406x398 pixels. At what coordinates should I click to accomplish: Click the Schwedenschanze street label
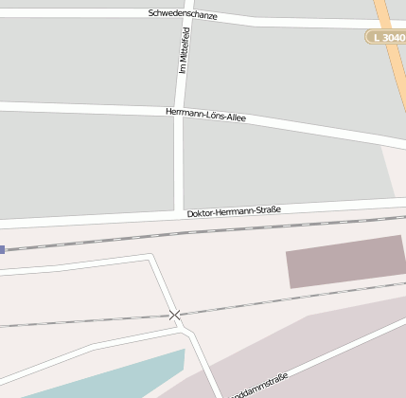pyautogui.click(x=183, y=15)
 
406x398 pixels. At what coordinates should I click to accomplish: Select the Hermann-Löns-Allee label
pyautogui.click(x=205, y=115)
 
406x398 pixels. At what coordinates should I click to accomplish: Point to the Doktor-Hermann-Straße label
pyautogui.click(x=234, y=211)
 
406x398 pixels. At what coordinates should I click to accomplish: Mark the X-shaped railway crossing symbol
pyautogui.click(x=174, y=315)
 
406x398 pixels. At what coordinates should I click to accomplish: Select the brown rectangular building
pyautogui.click(x=345, y=261)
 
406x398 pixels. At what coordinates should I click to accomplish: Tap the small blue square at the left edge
pyautogui.click(x=2, y=249)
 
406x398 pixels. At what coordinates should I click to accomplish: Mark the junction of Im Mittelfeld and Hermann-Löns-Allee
pyautogui.click(x=178, y=112)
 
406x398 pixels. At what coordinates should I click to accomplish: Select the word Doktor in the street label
pyautogui.click(x=202, y=213)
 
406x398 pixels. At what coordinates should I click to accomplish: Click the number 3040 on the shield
pyautogui.click(x=392, y=37)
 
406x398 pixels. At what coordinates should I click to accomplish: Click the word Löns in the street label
pyautogui.click(x=213, y=116)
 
